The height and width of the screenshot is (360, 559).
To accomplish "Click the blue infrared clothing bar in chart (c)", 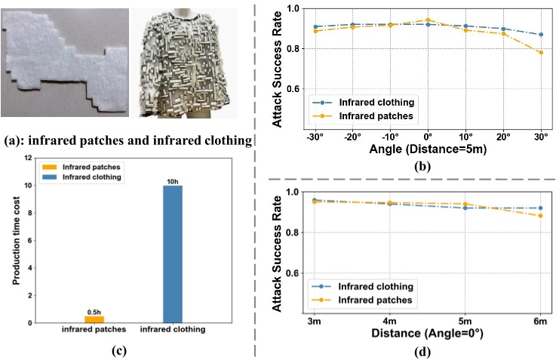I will coord(172,254).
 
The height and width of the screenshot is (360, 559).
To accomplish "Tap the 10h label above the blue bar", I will coord(172,180).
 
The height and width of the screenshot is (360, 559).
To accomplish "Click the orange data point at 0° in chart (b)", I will coord(428,20).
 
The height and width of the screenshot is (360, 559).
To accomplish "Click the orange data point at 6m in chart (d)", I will coord(539,216).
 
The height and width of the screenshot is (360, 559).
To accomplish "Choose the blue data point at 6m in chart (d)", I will coord(539,208).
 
